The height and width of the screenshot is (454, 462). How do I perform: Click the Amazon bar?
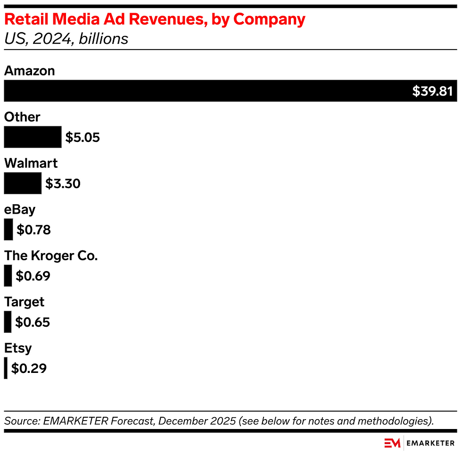pos(207,91)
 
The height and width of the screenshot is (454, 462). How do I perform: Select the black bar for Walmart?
pos(23,183)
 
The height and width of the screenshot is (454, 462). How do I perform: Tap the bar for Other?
pos(33,137)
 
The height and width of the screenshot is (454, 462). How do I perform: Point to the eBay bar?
pos(8,230)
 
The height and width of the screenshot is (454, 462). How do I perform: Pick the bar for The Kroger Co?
pos(8,276)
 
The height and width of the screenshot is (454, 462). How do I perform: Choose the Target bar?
pos(8,322)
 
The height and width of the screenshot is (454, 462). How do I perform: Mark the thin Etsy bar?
pos(6,368)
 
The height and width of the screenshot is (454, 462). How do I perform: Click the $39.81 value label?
pos(432,91)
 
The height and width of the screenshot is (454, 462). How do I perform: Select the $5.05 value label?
pos(82,138)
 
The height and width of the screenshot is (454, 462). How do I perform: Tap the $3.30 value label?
pos(63,183)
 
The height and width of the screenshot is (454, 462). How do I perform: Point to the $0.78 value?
pos(33,230)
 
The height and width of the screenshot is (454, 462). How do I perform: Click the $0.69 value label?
pos(33,276)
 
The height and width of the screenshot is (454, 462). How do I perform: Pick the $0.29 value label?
pos(29,368)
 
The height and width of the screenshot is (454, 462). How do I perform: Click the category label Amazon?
pos(30,71)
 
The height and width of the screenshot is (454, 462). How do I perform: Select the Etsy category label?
pos(18,348)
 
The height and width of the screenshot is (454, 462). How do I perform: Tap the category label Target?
pos(25,302)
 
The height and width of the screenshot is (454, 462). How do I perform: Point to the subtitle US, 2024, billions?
pos(66,38)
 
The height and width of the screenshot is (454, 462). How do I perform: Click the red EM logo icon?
pos(392,443)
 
